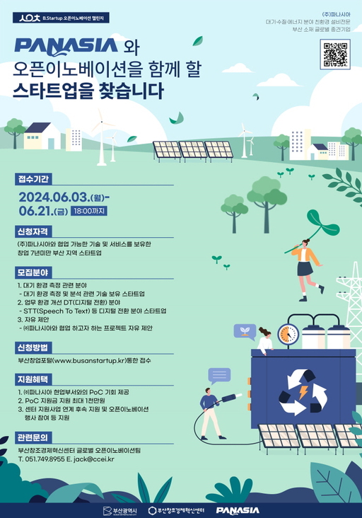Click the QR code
tap(336, 54)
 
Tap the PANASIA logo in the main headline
tap(66, 46)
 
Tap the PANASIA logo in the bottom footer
tap(238, 510)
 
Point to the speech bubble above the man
tap(219, 376)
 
